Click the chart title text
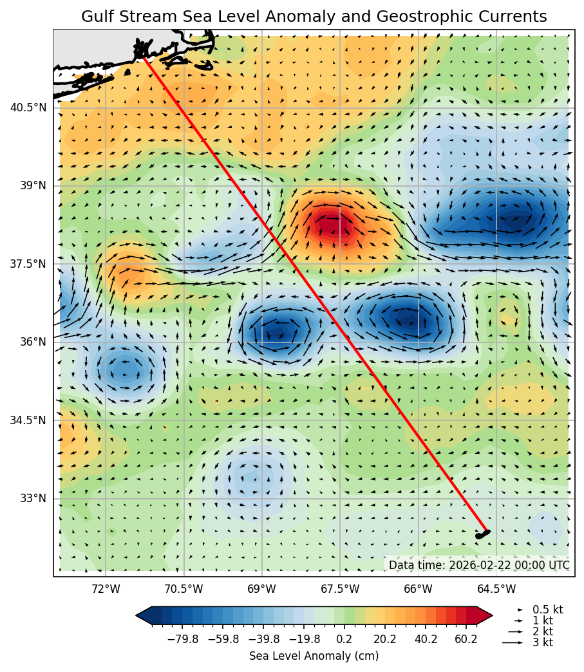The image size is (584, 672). pyautogui.click(x=314, y=17)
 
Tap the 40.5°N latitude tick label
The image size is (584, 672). pyautogui.click(x=28, y=107)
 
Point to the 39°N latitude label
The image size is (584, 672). pyautogui.click(x=33, y=185)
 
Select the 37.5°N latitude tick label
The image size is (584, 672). pyautogui.click(x=28, y=264)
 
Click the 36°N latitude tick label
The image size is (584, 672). pyautogui.click(x=33, y=342)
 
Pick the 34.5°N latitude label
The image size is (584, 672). pyautogui.click(x=28, y=420)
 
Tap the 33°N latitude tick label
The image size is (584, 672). pyautogui.click(x=33, y=498)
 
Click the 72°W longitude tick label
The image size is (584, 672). pyautogui.click(x=106, y=588)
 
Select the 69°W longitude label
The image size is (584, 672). pyautogui.click(x=261, y=588)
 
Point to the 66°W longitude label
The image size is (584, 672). pyautogui.click(x=418, y=588)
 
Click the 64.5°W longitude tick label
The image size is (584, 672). pyautogui.click(x=496, y=588)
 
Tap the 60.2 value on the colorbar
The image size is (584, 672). pyautogui.click(x=466, y=639)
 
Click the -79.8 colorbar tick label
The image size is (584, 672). pyautogui.click(x=182, y=639)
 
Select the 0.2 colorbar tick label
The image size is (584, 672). pyautogui.click(x=344, y=639)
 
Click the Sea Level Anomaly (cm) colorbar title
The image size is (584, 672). pyautogui.click(x=314, y=656)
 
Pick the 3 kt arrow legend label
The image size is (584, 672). pyautogui.click(x=543, y=642)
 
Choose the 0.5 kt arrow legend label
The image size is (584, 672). pyautogui.click(x=547, y=610)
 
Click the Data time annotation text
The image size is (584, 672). pyautogui.click(x=479, y=565)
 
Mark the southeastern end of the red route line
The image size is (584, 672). pyautogui.click(x=487, y=531)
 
